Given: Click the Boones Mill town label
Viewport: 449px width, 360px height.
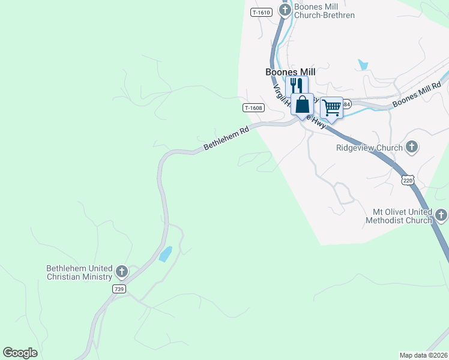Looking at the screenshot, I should point(291,72).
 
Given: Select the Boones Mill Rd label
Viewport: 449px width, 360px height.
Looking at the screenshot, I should point(417,96).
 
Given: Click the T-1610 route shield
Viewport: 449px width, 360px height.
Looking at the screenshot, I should point(262,12).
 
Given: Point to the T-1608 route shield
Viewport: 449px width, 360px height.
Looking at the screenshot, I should point(253,108).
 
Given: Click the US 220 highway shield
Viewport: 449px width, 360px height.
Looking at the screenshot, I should point(408,179).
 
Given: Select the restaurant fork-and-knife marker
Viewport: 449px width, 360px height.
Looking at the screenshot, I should point(296,85).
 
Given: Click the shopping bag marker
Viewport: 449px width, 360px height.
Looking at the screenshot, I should point(303,104).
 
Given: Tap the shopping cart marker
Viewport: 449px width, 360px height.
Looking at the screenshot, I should point(331,107).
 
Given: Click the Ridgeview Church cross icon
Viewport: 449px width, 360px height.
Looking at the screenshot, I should point(412,146).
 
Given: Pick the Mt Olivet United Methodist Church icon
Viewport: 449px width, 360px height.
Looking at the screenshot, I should point(441,215).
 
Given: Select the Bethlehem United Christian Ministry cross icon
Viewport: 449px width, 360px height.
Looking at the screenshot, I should point(121,272).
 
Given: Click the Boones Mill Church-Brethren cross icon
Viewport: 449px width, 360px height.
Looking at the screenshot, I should point(285,10).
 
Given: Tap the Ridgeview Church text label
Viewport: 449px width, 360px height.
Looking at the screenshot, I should point(369,147).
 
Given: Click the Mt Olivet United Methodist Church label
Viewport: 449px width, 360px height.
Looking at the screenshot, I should point(402,216).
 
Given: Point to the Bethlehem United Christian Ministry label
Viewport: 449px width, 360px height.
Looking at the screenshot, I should point(79,272).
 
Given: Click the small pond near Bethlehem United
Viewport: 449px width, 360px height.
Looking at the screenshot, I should point(165,254).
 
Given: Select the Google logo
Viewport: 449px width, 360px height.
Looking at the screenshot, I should point(20,353).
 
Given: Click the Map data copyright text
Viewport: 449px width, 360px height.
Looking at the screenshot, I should point(423,355).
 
